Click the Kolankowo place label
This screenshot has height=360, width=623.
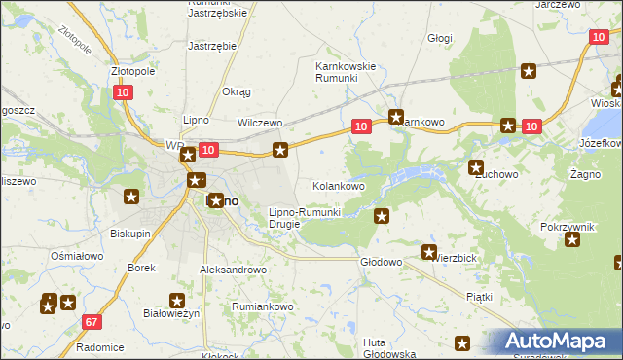click(338, 185)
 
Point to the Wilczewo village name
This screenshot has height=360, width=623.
click(260, 124)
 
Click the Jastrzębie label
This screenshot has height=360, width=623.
click(212, 46)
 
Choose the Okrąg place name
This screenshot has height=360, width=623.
click(237, 91)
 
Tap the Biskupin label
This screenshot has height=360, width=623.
click(129, 234)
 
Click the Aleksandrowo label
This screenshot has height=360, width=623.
click(233, 270)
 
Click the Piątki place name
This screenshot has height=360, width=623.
click(479, 296)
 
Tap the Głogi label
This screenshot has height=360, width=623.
click(440, 38)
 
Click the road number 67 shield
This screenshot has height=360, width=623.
click(92, 322)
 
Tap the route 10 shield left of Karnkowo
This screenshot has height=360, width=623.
click(360, 126)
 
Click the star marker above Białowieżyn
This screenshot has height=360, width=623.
click(177, 302)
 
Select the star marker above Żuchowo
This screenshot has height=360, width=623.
click(476, 167)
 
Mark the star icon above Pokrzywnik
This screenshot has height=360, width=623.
click(571, 240)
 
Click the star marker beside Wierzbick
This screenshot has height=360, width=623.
click(428, 253)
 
